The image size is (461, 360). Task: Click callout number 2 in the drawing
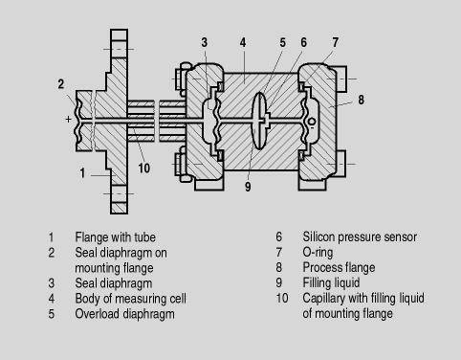61,84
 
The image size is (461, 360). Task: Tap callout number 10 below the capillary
143,168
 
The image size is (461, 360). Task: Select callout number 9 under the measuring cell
248,187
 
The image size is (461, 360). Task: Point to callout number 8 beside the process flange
361,100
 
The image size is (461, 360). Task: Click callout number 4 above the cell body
243,42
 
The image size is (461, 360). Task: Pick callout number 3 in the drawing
205,42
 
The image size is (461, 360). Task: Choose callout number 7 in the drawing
335,42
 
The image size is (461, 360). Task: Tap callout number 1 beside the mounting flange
82,173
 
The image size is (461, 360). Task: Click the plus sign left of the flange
68,119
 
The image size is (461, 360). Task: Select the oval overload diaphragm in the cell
259,121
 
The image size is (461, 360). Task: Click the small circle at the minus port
312,122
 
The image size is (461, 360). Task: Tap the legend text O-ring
318,252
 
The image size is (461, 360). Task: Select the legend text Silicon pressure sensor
360,236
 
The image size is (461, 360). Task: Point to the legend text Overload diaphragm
124,314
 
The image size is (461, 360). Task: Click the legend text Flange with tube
115,237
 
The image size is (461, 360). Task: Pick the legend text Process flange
339,267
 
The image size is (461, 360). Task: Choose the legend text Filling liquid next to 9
331,282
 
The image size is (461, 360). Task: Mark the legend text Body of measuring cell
130,299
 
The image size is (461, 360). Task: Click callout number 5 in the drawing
282,42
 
